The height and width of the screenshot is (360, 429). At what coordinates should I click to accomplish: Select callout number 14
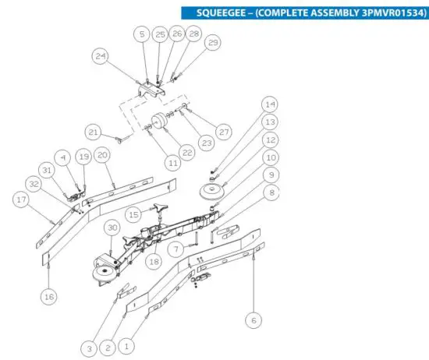(x=269, y=104)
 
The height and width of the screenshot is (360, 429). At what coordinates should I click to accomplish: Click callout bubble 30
(x=112, y=228)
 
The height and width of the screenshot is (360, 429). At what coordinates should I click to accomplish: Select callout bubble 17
(x=22, y=199)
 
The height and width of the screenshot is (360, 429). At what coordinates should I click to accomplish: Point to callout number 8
(x=269, y=191)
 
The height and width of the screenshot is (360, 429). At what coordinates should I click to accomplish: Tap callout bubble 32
(x=55, y=184)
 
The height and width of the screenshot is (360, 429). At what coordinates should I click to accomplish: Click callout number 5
(x=141, y=35)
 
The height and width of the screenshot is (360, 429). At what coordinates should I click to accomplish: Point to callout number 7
(x=176, y=249)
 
